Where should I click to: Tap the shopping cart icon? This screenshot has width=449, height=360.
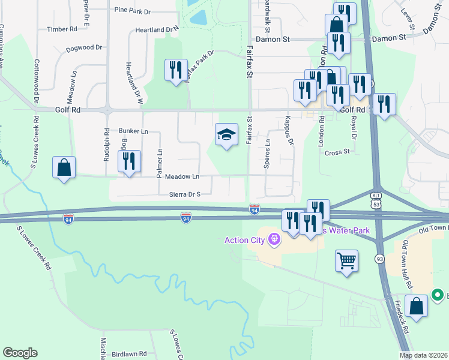[346, 261]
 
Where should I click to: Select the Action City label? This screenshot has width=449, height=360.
[244, 241]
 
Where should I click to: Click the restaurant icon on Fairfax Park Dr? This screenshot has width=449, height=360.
[176, 70]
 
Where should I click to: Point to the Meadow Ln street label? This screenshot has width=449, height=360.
[182, 176]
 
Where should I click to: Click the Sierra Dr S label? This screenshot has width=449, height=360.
[184, 194]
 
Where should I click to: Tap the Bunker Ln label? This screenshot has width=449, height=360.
[133, 131]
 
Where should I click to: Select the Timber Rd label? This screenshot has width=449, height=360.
[62, 29]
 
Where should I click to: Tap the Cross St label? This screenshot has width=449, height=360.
[337, 152]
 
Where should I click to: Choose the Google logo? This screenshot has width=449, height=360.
[20, 353]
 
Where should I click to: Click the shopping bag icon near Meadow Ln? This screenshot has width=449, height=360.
[64, 168]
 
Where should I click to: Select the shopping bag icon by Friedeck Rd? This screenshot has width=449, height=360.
[416, 306]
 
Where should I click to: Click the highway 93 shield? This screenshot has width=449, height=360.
[379, 259]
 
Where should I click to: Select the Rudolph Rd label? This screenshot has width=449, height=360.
[106, 145]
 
